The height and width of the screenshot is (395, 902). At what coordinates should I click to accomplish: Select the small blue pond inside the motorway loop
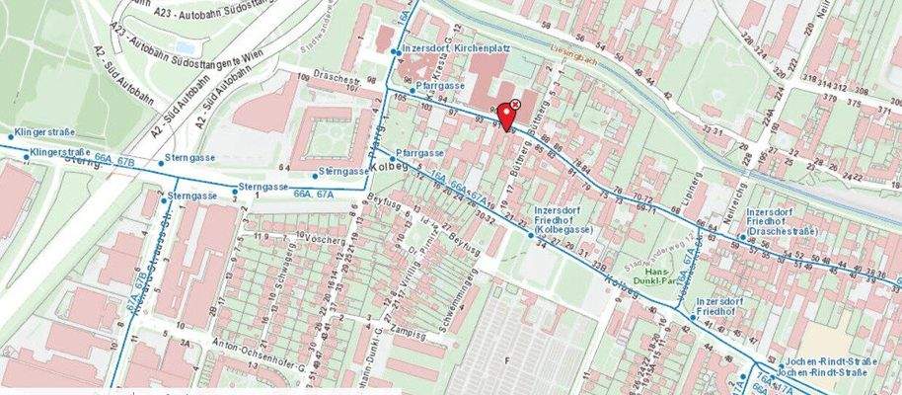click(x=186, y=46)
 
